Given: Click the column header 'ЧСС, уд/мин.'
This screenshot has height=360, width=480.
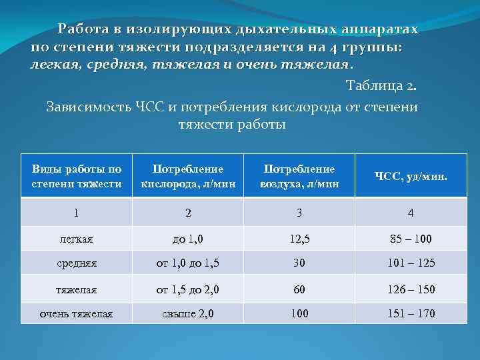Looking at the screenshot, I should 411,177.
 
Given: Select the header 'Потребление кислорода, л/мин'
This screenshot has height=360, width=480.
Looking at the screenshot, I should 188,177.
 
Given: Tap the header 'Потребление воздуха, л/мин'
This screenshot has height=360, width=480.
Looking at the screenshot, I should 299,177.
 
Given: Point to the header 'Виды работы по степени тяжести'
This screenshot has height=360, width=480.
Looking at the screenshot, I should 77,177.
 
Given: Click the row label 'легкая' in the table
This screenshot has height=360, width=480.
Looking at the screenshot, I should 77,238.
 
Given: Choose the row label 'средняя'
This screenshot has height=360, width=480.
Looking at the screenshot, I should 77,263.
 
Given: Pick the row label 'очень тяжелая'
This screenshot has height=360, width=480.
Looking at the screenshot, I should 77,313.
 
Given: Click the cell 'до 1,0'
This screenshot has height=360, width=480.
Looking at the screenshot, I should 188,238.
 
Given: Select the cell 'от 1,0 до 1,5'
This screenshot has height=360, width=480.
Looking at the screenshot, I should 188,263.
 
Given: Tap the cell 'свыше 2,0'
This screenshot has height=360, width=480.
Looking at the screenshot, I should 188,313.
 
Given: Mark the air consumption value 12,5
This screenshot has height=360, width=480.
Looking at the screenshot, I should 299,238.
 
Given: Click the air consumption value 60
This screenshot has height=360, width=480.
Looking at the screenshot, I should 299,289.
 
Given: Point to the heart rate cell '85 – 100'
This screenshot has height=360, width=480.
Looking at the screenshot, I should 411,238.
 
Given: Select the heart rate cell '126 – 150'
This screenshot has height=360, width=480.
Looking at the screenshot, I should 411,289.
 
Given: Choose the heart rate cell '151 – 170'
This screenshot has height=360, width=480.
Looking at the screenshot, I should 411,313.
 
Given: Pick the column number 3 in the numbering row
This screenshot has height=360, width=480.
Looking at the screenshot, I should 299,213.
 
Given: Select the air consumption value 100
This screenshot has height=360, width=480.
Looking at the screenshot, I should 299,313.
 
